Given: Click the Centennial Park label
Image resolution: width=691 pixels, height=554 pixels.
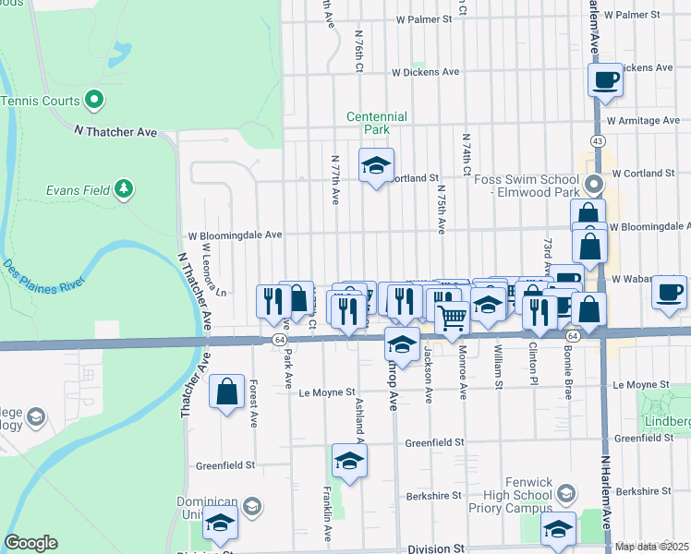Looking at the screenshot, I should [x=376, y=123].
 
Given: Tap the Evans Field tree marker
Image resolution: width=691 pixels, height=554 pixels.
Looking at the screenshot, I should [x=124, y=190].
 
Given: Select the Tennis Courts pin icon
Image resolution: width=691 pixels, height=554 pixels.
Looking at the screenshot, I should [x=93, y=99].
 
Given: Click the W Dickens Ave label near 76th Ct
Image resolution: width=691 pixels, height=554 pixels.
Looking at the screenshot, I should [x=425, y=71].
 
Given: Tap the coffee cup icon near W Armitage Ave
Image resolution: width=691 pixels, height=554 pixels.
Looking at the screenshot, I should [x=605, y=80].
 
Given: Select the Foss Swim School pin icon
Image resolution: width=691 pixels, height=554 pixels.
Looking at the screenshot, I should [x=595, y=182].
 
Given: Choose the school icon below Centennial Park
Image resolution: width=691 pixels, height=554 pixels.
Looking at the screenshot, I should [x=376, y=166].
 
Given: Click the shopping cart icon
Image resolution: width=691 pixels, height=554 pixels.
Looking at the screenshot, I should [x=452, y=318].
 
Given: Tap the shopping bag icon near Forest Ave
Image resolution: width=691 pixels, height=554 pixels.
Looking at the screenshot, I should [x=226, y=392].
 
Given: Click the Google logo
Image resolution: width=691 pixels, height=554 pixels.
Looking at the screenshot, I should [x=30, y=543].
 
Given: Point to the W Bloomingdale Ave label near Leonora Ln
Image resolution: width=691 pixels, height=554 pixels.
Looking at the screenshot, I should [x=235, y=235].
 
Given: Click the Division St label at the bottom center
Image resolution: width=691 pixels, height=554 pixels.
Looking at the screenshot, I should [x=434, y=548].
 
